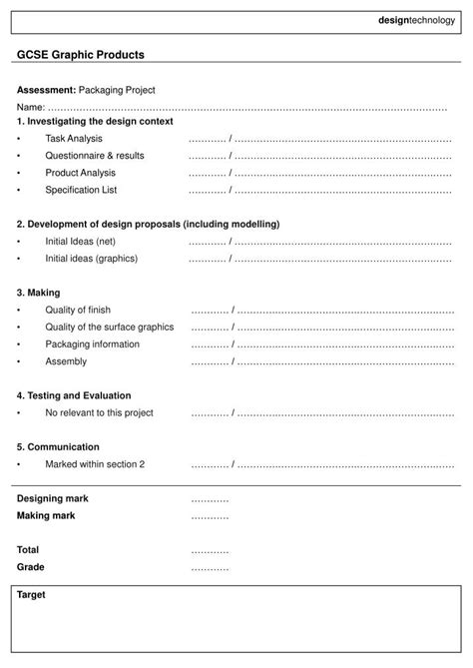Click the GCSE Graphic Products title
pos(81,54)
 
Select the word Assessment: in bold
pos(46,90)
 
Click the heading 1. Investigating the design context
pos(95,121)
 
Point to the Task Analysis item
pos(74,138)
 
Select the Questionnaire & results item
pos(95,155)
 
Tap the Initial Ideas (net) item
pos(81,241)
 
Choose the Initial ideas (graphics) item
pos(92,258)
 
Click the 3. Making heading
pos(39,293)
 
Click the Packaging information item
pos(93,343)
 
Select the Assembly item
pos(66,360)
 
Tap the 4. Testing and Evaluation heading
pos(74,395)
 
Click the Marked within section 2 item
pos(95,463)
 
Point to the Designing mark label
pos(53,497)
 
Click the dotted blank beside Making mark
pos(210,516)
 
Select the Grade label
pos(31,566)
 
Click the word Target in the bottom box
pos(31,595)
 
